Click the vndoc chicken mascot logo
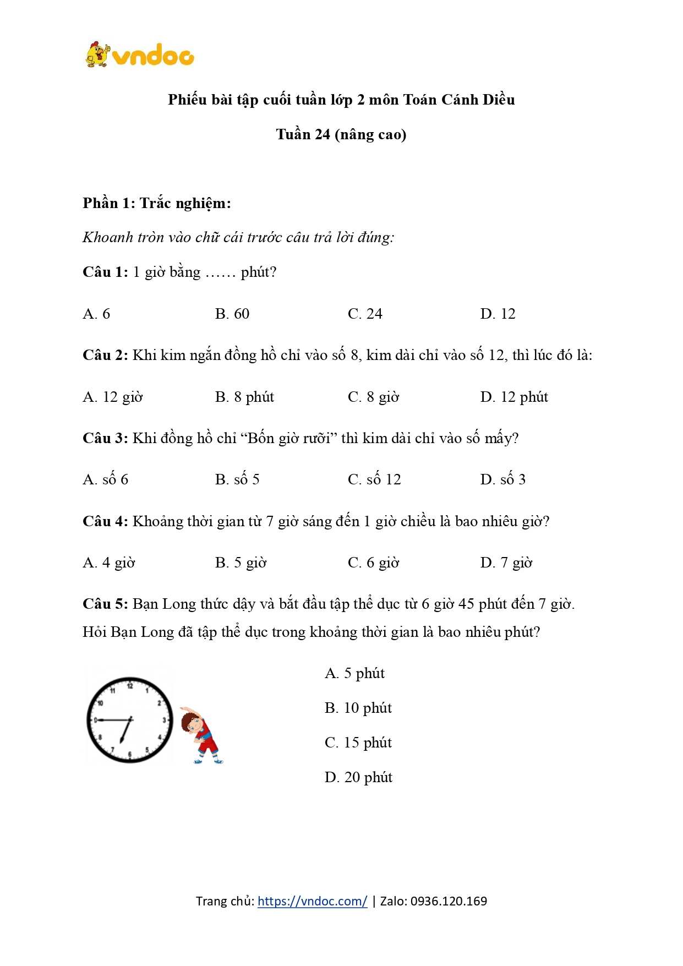[x=98, y=55]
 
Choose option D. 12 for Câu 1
[x=498, y=314]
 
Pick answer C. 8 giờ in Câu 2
[x=373, y=397]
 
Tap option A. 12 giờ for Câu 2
[x=112, y=397]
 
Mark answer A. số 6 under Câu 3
[x=105, y=479]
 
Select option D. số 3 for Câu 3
[x=502, y=479]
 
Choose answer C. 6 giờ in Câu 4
[x=373, y=563]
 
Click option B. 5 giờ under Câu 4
[x=241, y=563]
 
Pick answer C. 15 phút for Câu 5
[x=358, y=743]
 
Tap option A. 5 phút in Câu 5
[x=354, y=673]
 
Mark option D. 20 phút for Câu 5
[x=358, y=777]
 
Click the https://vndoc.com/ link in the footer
[x=312, y=901]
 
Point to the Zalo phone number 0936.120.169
[x=449, y=901]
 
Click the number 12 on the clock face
[x=130, y=686]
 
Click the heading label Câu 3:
[x=105, y=438]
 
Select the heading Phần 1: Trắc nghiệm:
[x=157, y=203]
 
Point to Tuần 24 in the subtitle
[x=303, y=134]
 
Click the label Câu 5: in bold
[x=105, y=604]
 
